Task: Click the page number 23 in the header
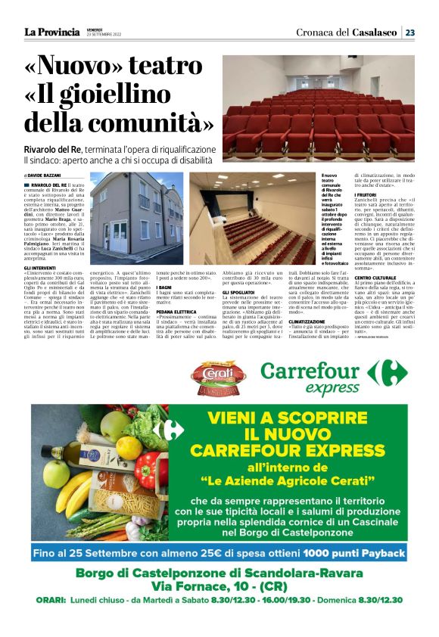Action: tap(409, 33)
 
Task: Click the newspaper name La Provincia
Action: tap(51, 32)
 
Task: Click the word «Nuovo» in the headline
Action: tap(75, 67)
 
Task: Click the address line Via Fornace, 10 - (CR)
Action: tap(219, 586)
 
